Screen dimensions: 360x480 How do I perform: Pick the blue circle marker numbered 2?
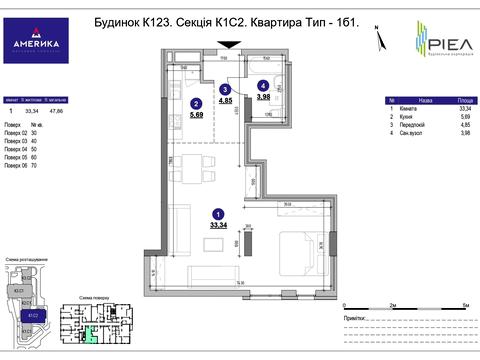tap(197, 102)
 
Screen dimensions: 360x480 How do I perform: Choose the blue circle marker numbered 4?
tap(262, 86)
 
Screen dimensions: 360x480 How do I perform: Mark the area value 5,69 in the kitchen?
tap(197, 114)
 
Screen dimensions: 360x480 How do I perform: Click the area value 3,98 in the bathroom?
tap(262, 97)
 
